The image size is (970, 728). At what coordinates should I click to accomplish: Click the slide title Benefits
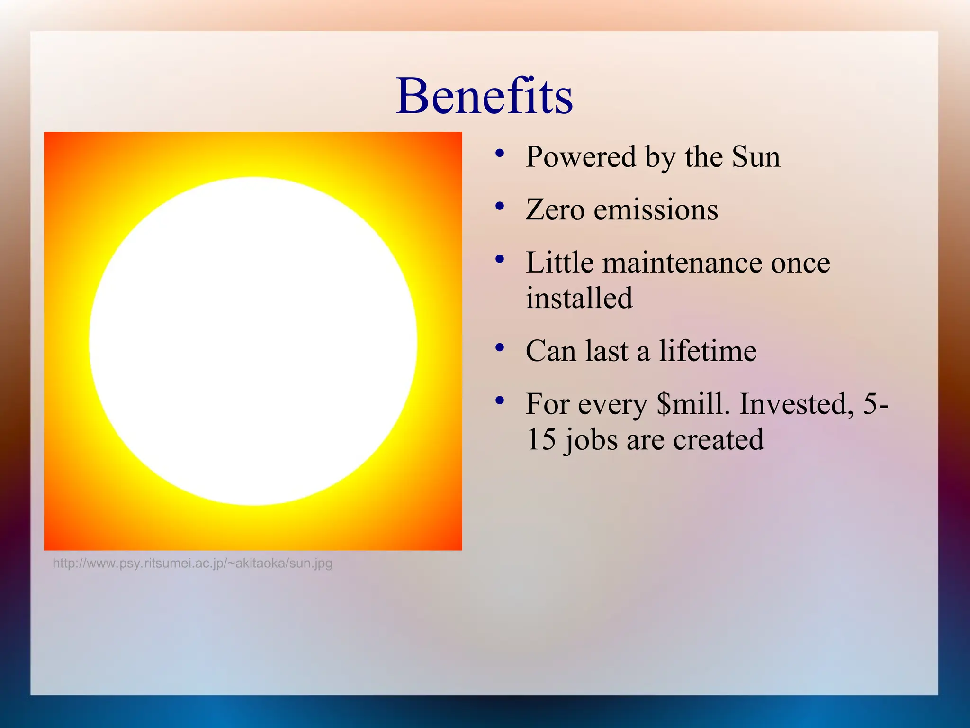(484, 97)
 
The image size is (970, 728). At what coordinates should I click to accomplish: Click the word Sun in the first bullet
(755, 157)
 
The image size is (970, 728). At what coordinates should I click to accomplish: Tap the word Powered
(581, 157)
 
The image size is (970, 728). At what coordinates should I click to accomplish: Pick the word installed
(579, 298)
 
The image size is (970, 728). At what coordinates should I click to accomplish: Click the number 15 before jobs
(541, 439)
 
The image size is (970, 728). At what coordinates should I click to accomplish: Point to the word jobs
(592, 440)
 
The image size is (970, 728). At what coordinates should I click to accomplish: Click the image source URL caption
(192, 564)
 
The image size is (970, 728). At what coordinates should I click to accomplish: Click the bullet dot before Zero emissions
(499, 206)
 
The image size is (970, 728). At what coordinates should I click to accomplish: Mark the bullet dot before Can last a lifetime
(499, 347)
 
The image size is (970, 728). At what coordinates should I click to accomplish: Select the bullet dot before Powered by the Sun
(499, 153)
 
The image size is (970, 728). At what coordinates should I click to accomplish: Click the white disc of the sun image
(253, 341)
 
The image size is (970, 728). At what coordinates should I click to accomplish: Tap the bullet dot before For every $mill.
(499, 400)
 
